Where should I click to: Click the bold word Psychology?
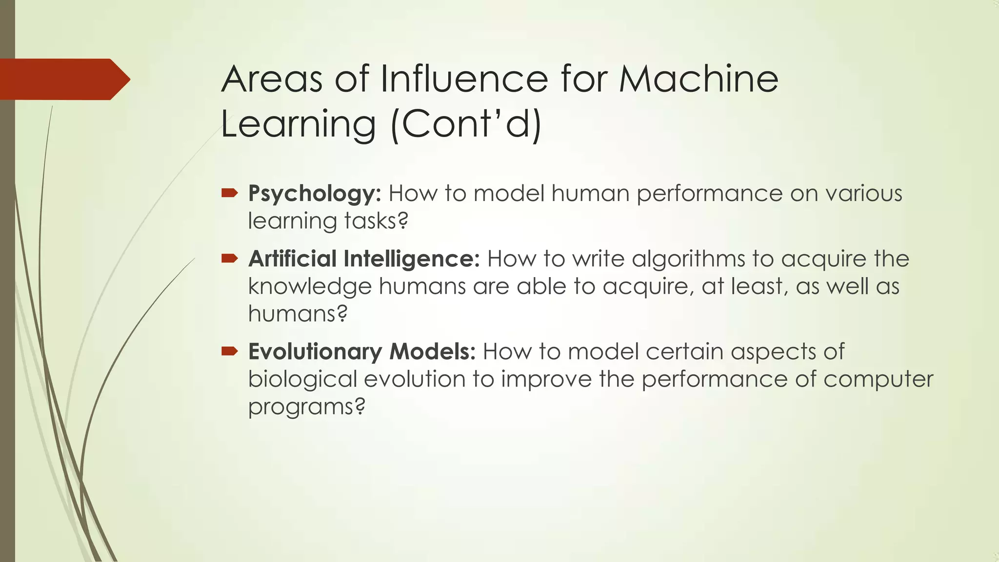(315, 194)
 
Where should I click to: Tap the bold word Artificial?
(292, 259)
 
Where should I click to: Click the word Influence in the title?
(464, 79)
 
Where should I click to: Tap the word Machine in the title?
(699, 79)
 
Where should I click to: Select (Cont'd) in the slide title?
(466, 124)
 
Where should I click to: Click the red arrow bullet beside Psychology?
(229, 194)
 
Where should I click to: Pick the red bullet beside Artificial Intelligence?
(229, 259)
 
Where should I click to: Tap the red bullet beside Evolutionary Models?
(229, 351)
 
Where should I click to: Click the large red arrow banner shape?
(63, 79)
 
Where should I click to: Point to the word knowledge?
(310, 287)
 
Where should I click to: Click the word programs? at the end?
(306, 407)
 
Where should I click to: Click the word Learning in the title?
(299, 124)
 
